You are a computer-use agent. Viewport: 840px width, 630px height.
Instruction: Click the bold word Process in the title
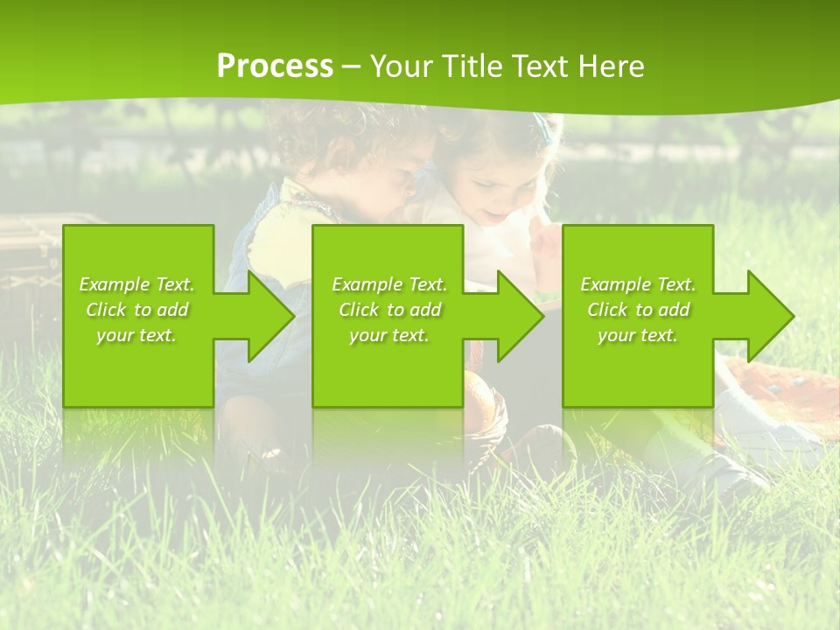coord(275,66)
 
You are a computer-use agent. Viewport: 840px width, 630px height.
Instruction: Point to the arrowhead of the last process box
coord(769,316)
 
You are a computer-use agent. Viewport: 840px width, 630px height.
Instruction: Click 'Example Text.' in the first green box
coord(136,284)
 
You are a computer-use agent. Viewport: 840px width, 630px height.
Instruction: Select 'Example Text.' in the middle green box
coord(388,284)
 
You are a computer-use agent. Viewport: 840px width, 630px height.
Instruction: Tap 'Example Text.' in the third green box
coord(638,284)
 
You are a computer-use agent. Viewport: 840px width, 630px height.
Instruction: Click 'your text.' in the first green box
coord(136,335)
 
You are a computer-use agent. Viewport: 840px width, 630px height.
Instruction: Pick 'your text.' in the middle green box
coord(388,335)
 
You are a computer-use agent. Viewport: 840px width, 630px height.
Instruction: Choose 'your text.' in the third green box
coord(638,335)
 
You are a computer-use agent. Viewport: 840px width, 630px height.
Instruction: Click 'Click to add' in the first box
coord(136,310)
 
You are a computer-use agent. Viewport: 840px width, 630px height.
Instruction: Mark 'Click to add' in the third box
coord(638,310)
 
